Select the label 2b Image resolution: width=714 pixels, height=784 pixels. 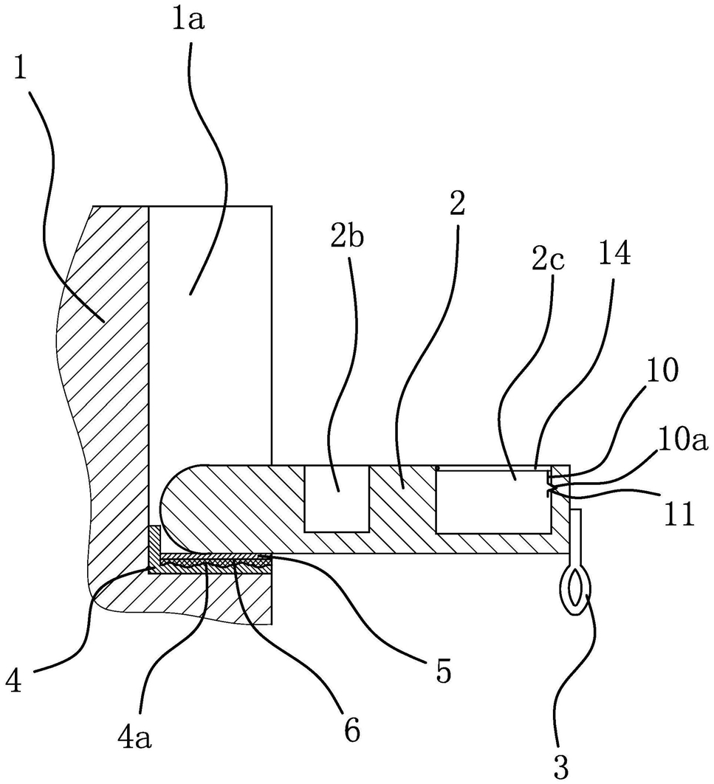pos(347,239)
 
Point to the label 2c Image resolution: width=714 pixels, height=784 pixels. pos(548,261)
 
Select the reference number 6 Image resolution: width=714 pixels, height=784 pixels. pos(351,731)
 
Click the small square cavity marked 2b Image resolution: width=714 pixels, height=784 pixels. pos(337,498)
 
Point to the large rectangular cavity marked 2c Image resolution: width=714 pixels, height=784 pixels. pos(493,501)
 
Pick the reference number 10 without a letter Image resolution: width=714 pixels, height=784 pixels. pos(662,371)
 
